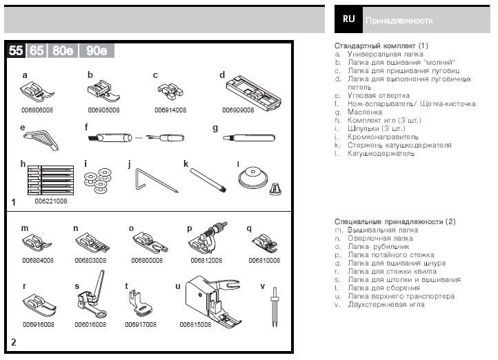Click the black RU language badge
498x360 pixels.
(349, 19)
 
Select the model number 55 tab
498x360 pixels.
(17, 50)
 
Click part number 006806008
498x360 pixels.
(37, 109)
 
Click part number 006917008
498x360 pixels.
(141, 323)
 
